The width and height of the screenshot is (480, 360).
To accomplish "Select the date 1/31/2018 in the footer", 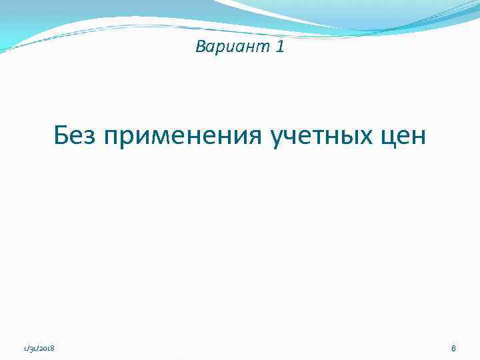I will [39, 349].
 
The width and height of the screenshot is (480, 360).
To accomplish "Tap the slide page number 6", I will [453, 348].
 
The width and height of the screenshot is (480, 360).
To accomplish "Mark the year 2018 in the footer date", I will [47, 349].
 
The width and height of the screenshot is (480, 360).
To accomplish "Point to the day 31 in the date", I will [31, 349].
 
